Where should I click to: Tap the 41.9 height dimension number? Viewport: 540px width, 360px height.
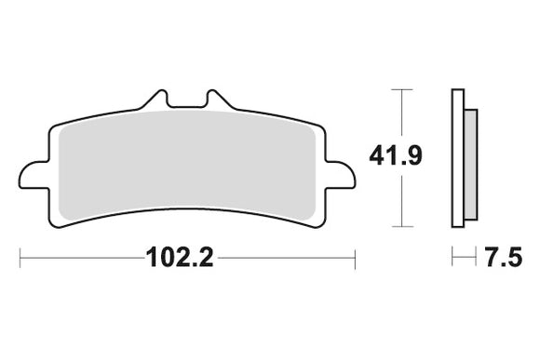(396, 156)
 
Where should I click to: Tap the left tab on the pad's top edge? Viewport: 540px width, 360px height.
(155, 99)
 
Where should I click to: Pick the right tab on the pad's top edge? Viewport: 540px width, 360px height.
(218, 99)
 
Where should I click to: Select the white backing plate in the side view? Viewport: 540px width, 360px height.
(457, 158)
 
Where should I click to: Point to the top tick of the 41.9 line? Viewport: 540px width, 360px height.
(401, 89)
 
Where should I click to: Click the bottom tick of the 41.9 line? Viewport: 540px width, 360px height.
(401, 226)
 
